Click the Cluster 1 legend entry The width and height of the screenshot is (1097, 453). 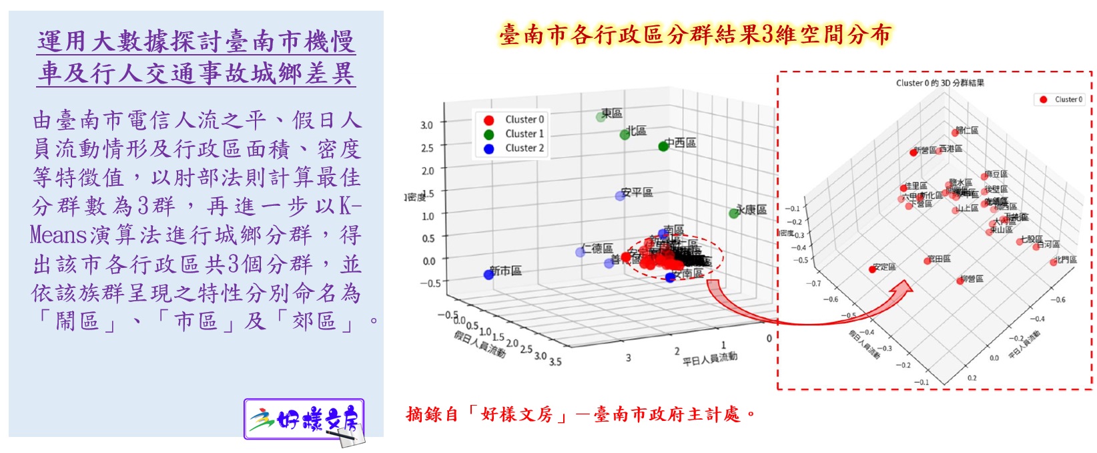pyautogui.click(x=524, y=134)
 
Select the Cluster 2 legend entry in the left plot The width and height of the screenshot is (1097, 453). pyautogui.click(x=524, y=148)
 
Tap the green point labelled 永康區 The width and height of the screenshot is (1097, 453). pyautogui.click(x=734, y=213)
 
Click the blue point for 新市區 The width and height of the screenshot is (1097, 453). pyautogui.click(x=488, y=275)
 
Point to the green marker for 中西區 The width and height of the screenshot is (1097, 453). pyautogui.click(x=663, y=146)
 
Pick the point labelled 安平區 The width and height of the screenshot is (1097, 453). pyautogui.click(x=620, y=196)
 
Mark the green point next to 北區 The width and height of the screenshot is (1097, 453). pyautogui.click(x=625, y=134)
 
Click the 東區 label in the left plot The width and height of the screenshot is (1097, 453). pyautogui.click(x=612, y=114)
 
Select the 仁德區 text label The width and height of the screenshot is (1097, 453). pyautogui.click(x=597, y=249)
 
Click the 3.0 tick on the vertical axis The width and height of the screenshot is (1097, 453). pyautogui.click(x=426, y=125)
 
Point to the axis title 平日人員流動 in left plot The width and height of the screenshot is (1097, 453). pyautogui.click(x=709, y=359)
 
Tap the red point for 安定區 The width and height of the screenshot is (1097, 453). pyautogui.click(x=872, y=269)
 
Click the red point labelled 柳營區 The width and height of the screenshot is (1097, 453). pyautogui.click(x=960, y=281)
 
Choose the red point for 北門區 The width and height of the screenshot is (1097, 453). pyautogui.click(x=1053, y=262)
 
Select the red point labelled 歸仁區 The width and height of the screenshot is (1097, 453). pyautogui.click(x=956, y=133)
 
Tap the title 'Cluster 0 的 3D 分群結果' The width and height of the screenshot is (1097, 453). pyautogui.click(x=940, y=83)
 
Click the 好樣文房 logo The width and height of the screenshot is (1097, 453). pyautogui.click(x=305, y=420)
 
